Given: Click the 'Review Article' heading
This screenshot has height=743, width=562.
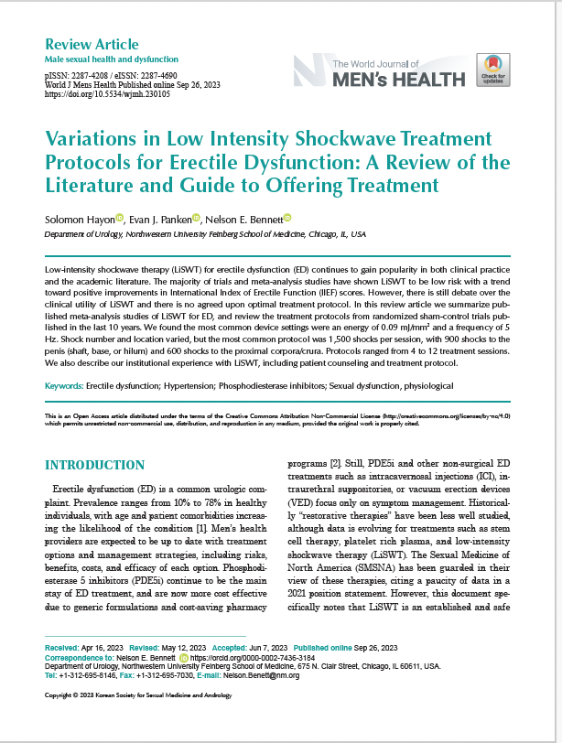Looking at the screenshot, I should coord(92,44).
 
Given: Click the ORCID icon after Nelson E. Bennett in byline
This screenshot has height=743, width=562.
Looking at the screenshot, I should coord(286,218).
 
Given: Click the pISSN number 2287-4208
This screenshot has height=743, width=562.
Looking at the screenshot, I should coord(92,76).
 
